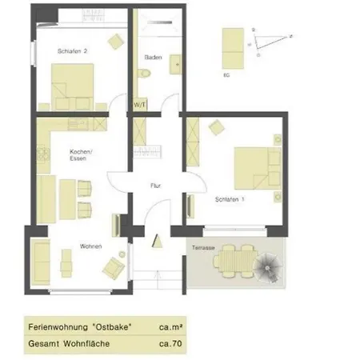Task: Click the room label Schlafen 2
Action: pyautogui.click(x=72, y=51)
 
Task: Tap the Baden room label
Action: pyautogui.click(x=154, y=58)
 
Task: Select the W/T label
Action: pyautogui.click(x=139, y=104)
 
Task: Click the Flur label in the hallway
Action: pyautogui.click(x=156, y=186)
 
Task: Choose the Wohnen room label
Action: pyautogui.click(x=90, y=246)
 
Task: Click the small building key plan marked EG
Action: pyautogui.click(x=232, y=48)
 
